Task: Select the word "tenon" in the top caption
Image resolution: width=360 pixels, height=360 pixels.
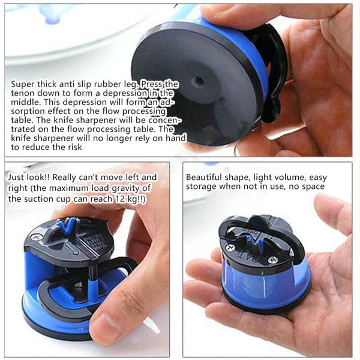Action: pos(23,94)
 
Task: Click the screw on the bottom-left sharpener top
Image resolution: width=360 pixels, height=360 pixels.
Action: pos(37,238)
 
